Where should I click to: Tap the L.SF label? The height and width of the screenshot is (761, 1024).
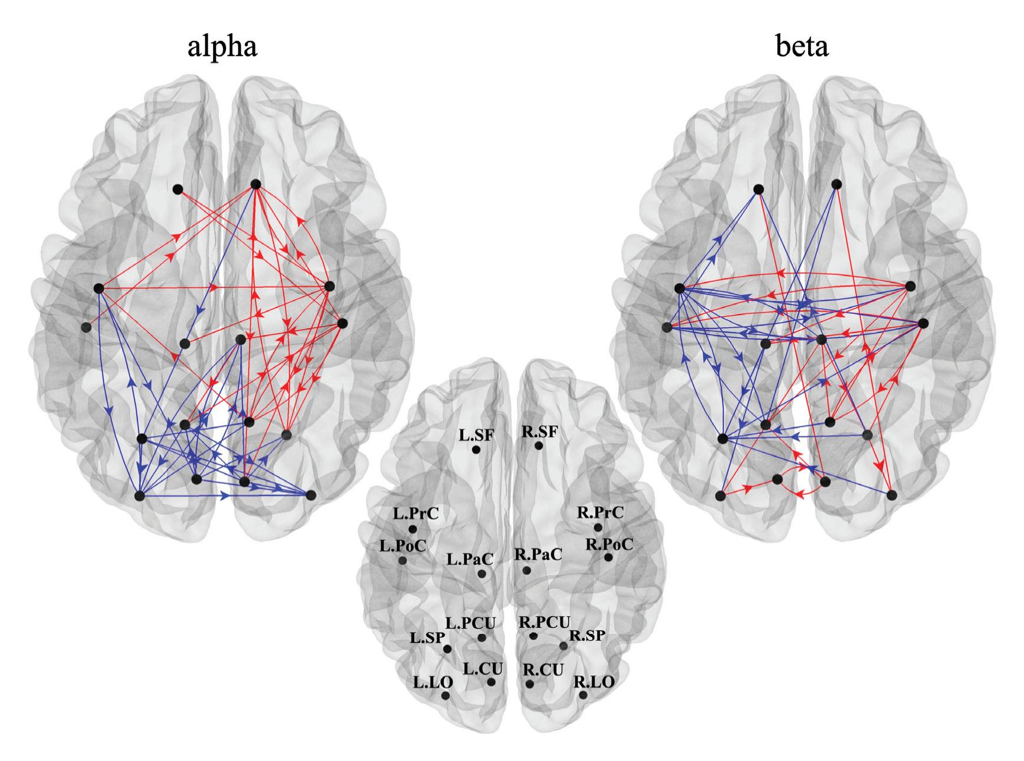point(476,435)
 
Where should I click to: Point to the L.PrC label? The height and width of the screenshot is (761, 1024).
point(416,513)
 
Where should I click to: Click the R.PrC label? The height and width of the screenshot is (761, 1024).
point(600,513)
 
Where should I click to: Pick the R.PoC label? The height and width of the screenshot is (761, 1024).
point(609,544)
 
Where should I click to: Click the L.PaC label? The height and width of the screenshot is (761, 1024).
point(470,559)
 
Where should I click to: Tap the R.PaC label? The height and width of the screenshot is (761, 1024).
point(538,555)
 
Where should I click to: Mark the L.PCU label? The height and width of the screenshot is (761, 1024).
point(470,623)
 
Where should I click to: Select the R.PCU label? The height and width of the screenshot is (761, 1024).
point(544,622)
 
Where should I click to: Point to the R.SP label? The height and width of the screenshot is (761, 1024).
point(587,636)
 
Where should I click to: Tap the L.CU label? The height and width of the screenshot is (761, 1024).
point(483,669)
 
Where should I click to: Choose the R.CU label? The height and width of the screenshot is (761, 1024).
point(542,670)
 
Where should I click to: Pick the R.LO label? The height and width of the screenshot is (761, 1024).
point(594,682)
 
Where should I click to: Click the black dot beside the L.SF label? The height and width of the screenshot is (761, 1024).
point(476,450)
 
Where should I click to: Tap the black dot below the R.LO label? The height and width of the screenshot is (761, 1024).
point(583,695)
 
